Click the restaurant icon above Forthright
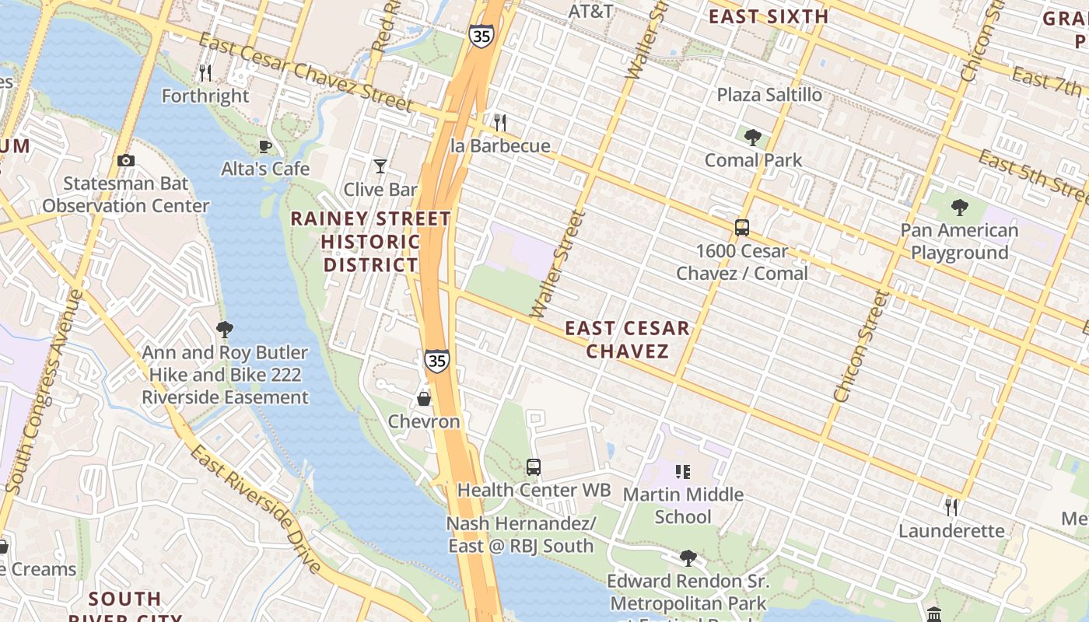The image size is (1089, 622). pos(205,73)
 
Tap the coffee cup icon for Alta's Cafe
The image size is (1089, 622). pos(265,146)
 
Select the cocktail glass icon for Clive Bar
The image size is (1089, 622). pos(380,166)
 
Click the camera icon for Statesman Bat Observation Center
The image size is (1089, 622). pos(126,161)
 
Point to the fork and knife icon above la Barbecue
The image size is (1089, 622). pos(500,123)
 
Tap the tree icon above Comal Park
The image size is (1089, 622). pos(752,138)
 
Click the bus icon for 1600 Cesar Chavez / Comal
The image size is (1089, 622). pos(742,228)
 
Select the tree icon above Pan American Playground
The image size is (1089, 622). pos(960,208)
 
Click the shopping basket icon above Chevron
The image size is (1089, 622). pos(424,399)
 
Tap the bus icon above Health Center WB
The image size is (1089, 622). pos(534,467)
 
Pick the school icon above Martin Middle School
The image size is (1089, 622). pos(683,472)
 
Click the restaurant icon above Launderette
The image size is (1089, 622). pos(951,508)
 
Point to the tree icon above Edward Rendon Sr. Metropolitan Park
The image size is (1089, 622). pos(688,557)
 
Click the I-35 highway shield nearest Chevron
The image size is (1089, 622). pos(437,361)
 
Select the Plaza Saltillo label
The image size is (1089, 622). pos(769,95)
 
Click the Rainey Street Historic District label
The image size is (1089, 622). pos(371,242)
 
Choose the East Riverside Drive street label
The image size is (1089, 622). pos(256,509)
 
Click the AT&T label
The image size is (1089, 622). pos(591,12)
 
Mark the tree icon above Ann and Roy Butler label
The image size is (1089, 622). pos(225,330)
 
